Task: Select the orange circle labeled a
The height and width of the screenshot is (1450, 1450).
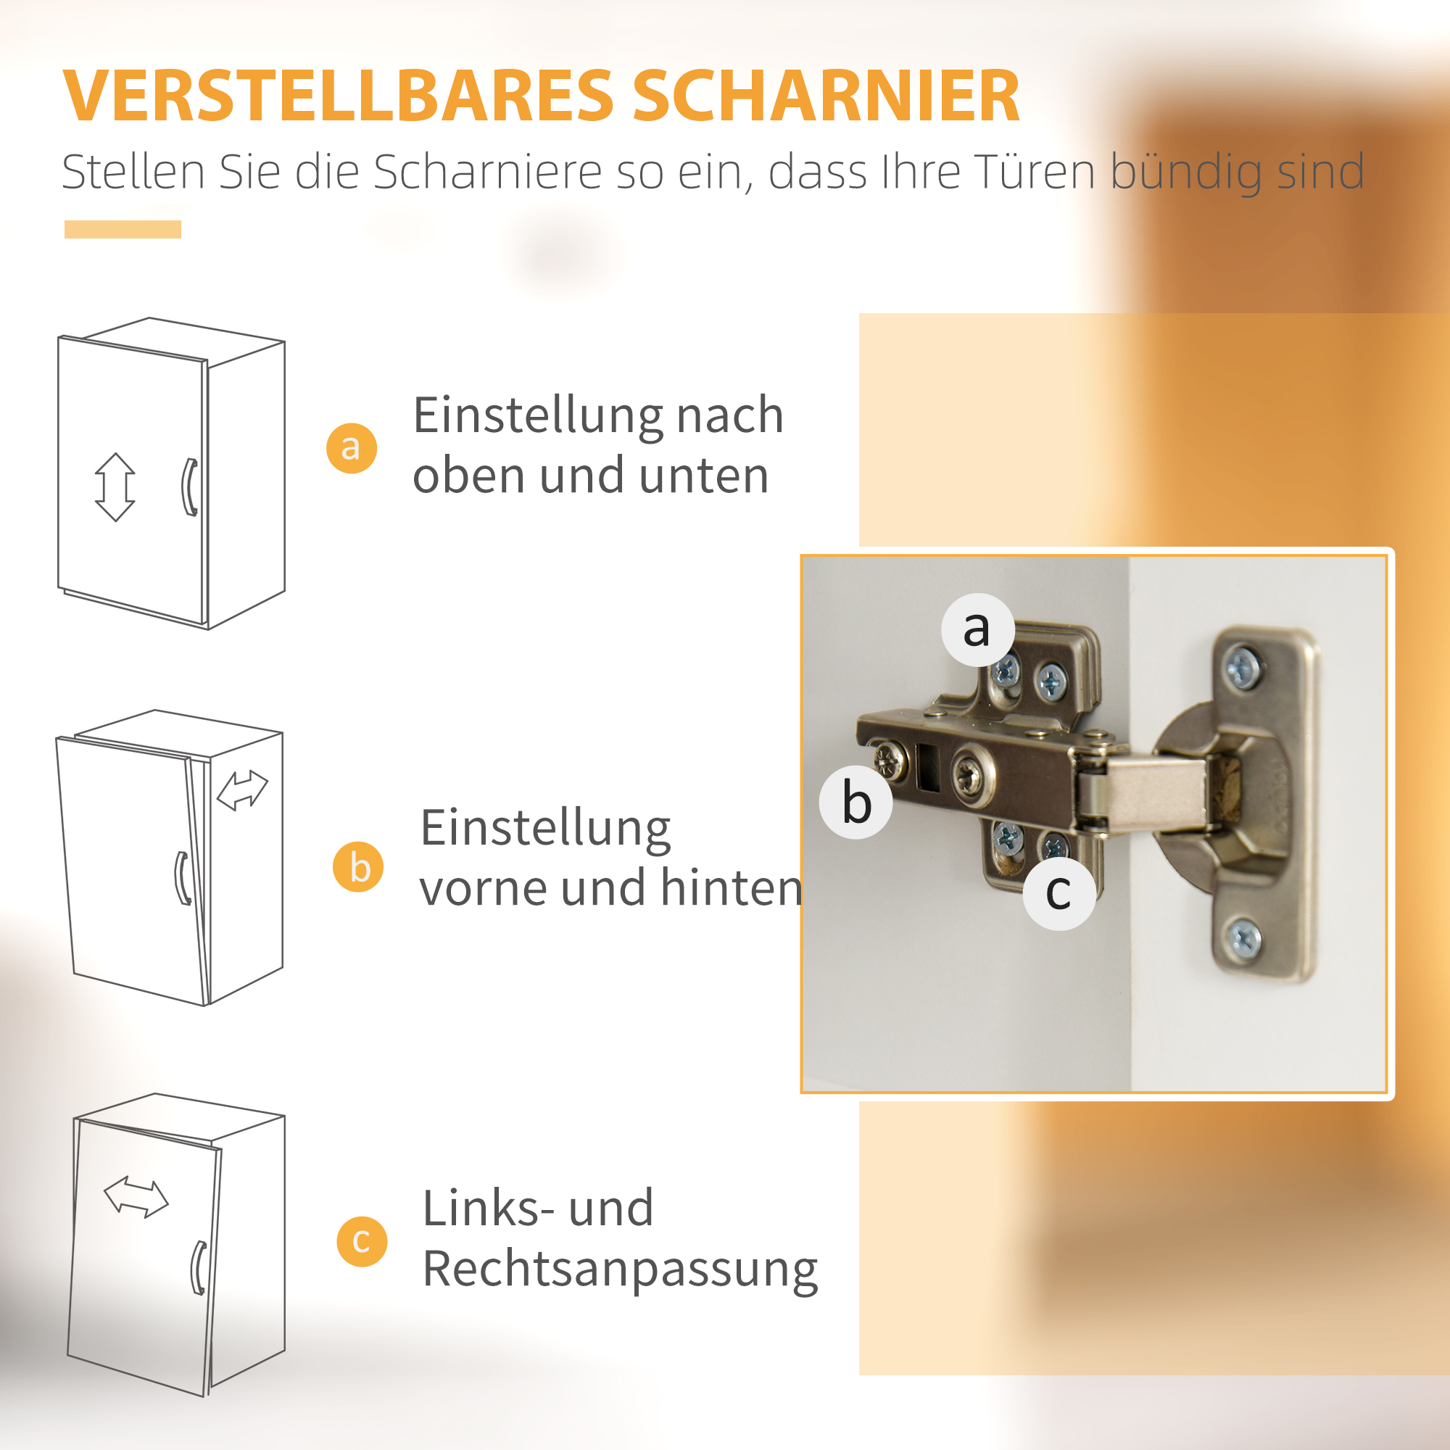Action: click(x=351, y=448)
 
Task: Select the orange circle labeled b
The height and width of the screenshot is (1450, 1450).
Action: click(x=358, y=867)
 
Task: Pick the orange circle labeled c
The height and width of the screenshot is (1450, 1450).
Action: click(x=362, y=1241)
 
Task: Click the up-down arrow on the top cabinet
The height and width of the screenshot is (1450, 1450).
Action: click(x=115, y=487)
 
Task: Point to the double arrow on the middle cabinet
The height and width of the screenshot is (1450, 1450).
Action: click(x=241, y=790)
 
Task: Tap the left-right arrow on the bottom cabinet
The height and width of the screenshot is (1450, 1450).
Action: click(x=136, y=1196)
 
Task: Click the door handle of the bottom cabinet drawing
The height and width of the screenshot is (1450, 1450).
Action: click(x=198, y=1267)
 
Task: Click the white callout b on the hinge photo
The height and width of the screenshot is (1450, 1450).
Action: click(x=855, y=802)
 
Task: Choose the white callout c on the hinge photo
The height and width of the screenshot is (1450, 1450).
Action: click(x=1059, y=893)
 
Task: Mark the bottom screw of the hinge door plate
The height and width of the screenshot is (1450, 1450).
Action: click(x=1243, y=937)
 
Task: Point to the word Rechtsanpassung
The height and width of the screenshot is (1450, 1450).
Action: click(x=620, y=1271)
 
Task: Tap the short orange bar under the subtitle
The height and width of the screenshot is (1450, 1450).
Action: click(x=123, y=230)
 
